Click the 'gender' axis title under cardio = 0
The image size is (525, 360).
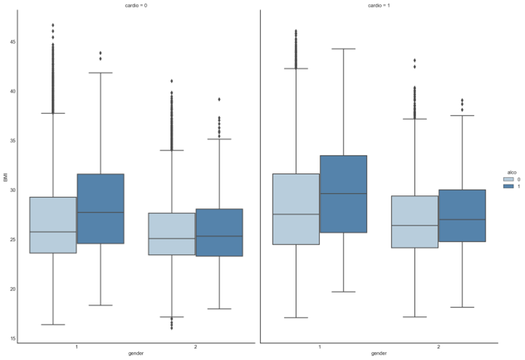coord(136,353)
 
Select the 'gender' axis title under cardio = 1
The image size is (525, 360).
coord(379,353)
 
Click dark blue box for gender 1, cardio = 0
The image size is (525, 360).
coord(100,208)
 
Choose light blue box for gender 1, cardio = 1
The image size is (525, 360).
coord(296,209)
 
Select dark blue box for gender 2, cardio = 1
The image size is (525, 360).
coord(462,216)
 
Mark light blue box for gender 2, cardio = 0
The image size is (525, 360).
coord(172,234)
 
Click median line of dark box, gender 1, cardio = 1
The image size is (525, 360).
coord(343,194)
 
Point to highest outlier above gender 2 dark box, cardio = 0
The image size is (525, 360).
coord(220,99)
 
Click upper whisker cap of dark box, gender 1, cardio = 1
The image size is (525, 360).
coord(343,49)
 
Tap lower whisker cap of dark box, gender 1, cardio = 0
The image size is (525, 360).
coord(100,305)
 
